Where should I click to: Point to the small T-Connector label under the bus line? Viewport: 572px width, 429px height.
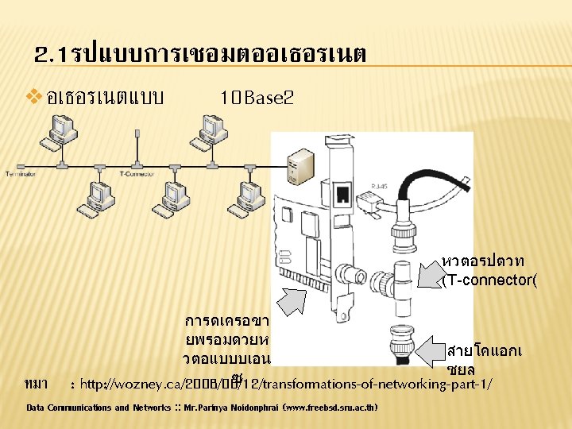(136, 172)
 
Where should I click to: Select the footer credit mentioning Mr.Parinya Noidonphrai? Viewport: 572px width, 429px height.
(202, 408)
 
